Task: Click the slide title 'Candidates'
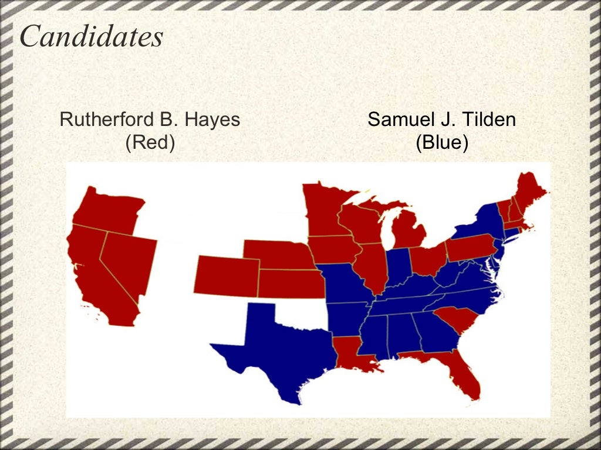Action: coord(91,37)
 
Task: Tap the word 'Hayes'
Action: coord(212,120)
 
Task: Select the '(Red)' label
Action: coord(150,143)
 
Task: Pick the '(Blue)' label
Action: coord(441,143)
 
